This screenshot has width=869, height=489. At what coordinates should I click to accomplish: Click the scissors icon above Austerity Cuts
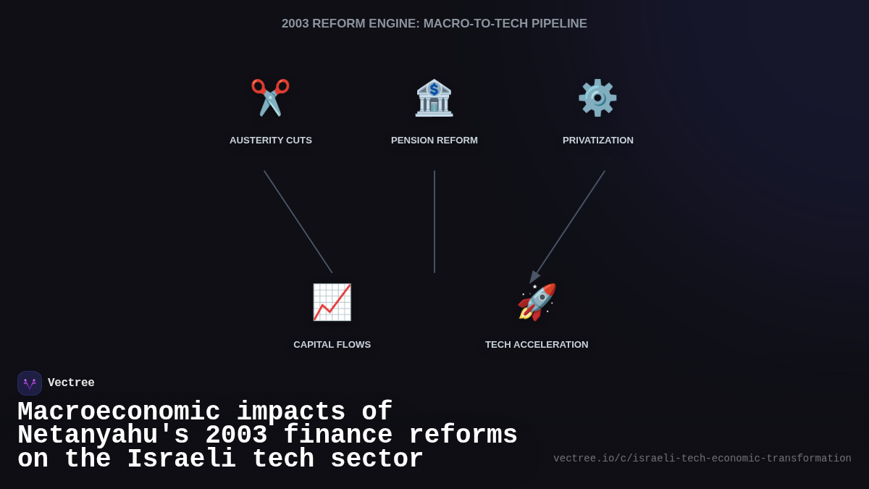point(270,97)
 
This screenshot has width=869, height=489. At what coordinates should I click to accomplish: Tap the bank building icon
point(434,98)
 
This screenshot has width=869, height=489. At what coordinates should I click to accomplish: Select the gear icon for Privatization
point(597,97)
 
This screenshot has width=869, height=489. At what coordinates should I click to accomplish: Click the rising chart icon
point(332,302)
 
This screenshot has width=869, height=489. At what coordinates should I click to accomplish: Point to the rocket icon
point(537,302)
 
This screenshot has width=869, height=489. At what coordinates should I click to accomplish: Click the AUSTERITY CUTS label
point(271,141)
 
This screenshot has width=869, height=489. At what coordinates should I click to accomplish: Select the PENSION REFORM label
point(434,141)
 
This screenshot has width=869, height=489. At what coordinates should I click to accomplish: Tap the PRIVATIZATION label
point(598,141)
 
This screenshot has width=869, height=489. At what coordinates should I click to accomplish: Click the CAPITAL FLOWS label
point(332,345)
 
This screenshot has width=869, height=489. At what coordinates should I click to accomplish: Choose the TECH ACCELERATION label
point(537,345)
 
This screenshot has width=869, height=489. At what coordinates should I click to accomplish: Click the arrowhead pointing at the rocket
point(534,277)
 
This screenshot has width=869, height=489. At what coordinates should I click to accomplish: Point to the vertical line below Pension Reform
point(434,222)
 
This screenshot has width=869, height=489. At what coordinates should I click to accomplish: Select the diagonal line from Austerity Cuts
point(298,222)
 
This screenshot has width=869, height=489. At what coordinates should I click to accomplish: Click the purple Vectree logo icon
point(30,383)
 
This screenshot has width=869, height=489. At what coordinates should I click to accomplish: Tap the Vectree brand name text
point(71,383)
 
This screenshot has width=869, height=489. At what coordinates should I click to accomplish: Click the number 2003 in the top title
point(295,24)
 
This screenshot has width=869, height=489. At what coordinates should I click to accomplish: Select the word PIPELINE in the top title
point(559,24)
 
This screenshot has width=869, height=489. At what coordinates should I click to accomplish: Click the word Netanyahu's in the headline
point(103,435)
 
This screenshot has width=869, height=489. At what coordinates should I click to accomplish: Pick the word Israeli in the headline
point(181,459)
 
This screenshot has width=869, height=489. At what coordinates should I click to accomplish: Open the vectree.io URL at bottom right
point(702,459)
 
